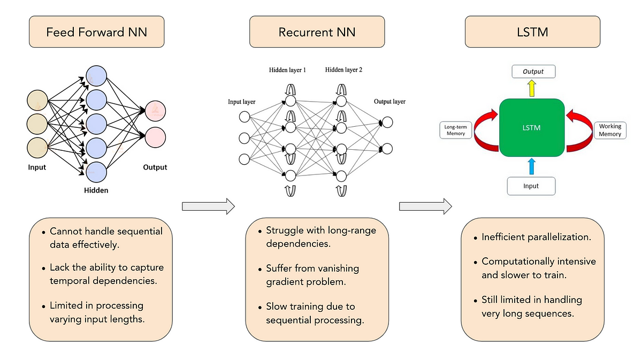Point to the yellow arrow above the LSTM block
(532, 88)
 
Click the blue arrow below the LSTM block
(532, 165)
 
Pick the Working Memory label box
(610, 130)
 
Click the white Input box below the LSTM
(531, 186)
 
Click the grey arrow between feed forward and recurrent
(209, 206)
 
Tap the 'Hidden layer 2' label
(344, 70)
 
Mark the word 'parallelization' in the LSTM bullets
(560, 236)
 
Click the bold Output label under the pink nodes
(155, 167)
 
